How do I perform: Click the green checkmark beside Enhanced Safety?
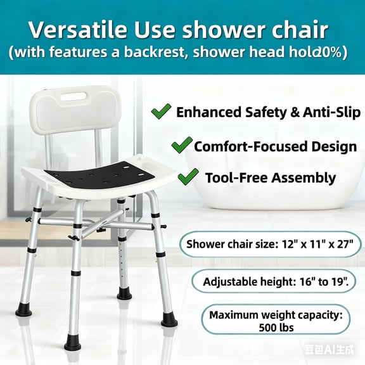point(161,112)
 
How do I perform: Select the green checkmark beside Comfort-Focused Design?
point(181,145)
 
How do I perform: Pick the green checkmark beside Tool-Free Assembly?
point(189,177)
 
